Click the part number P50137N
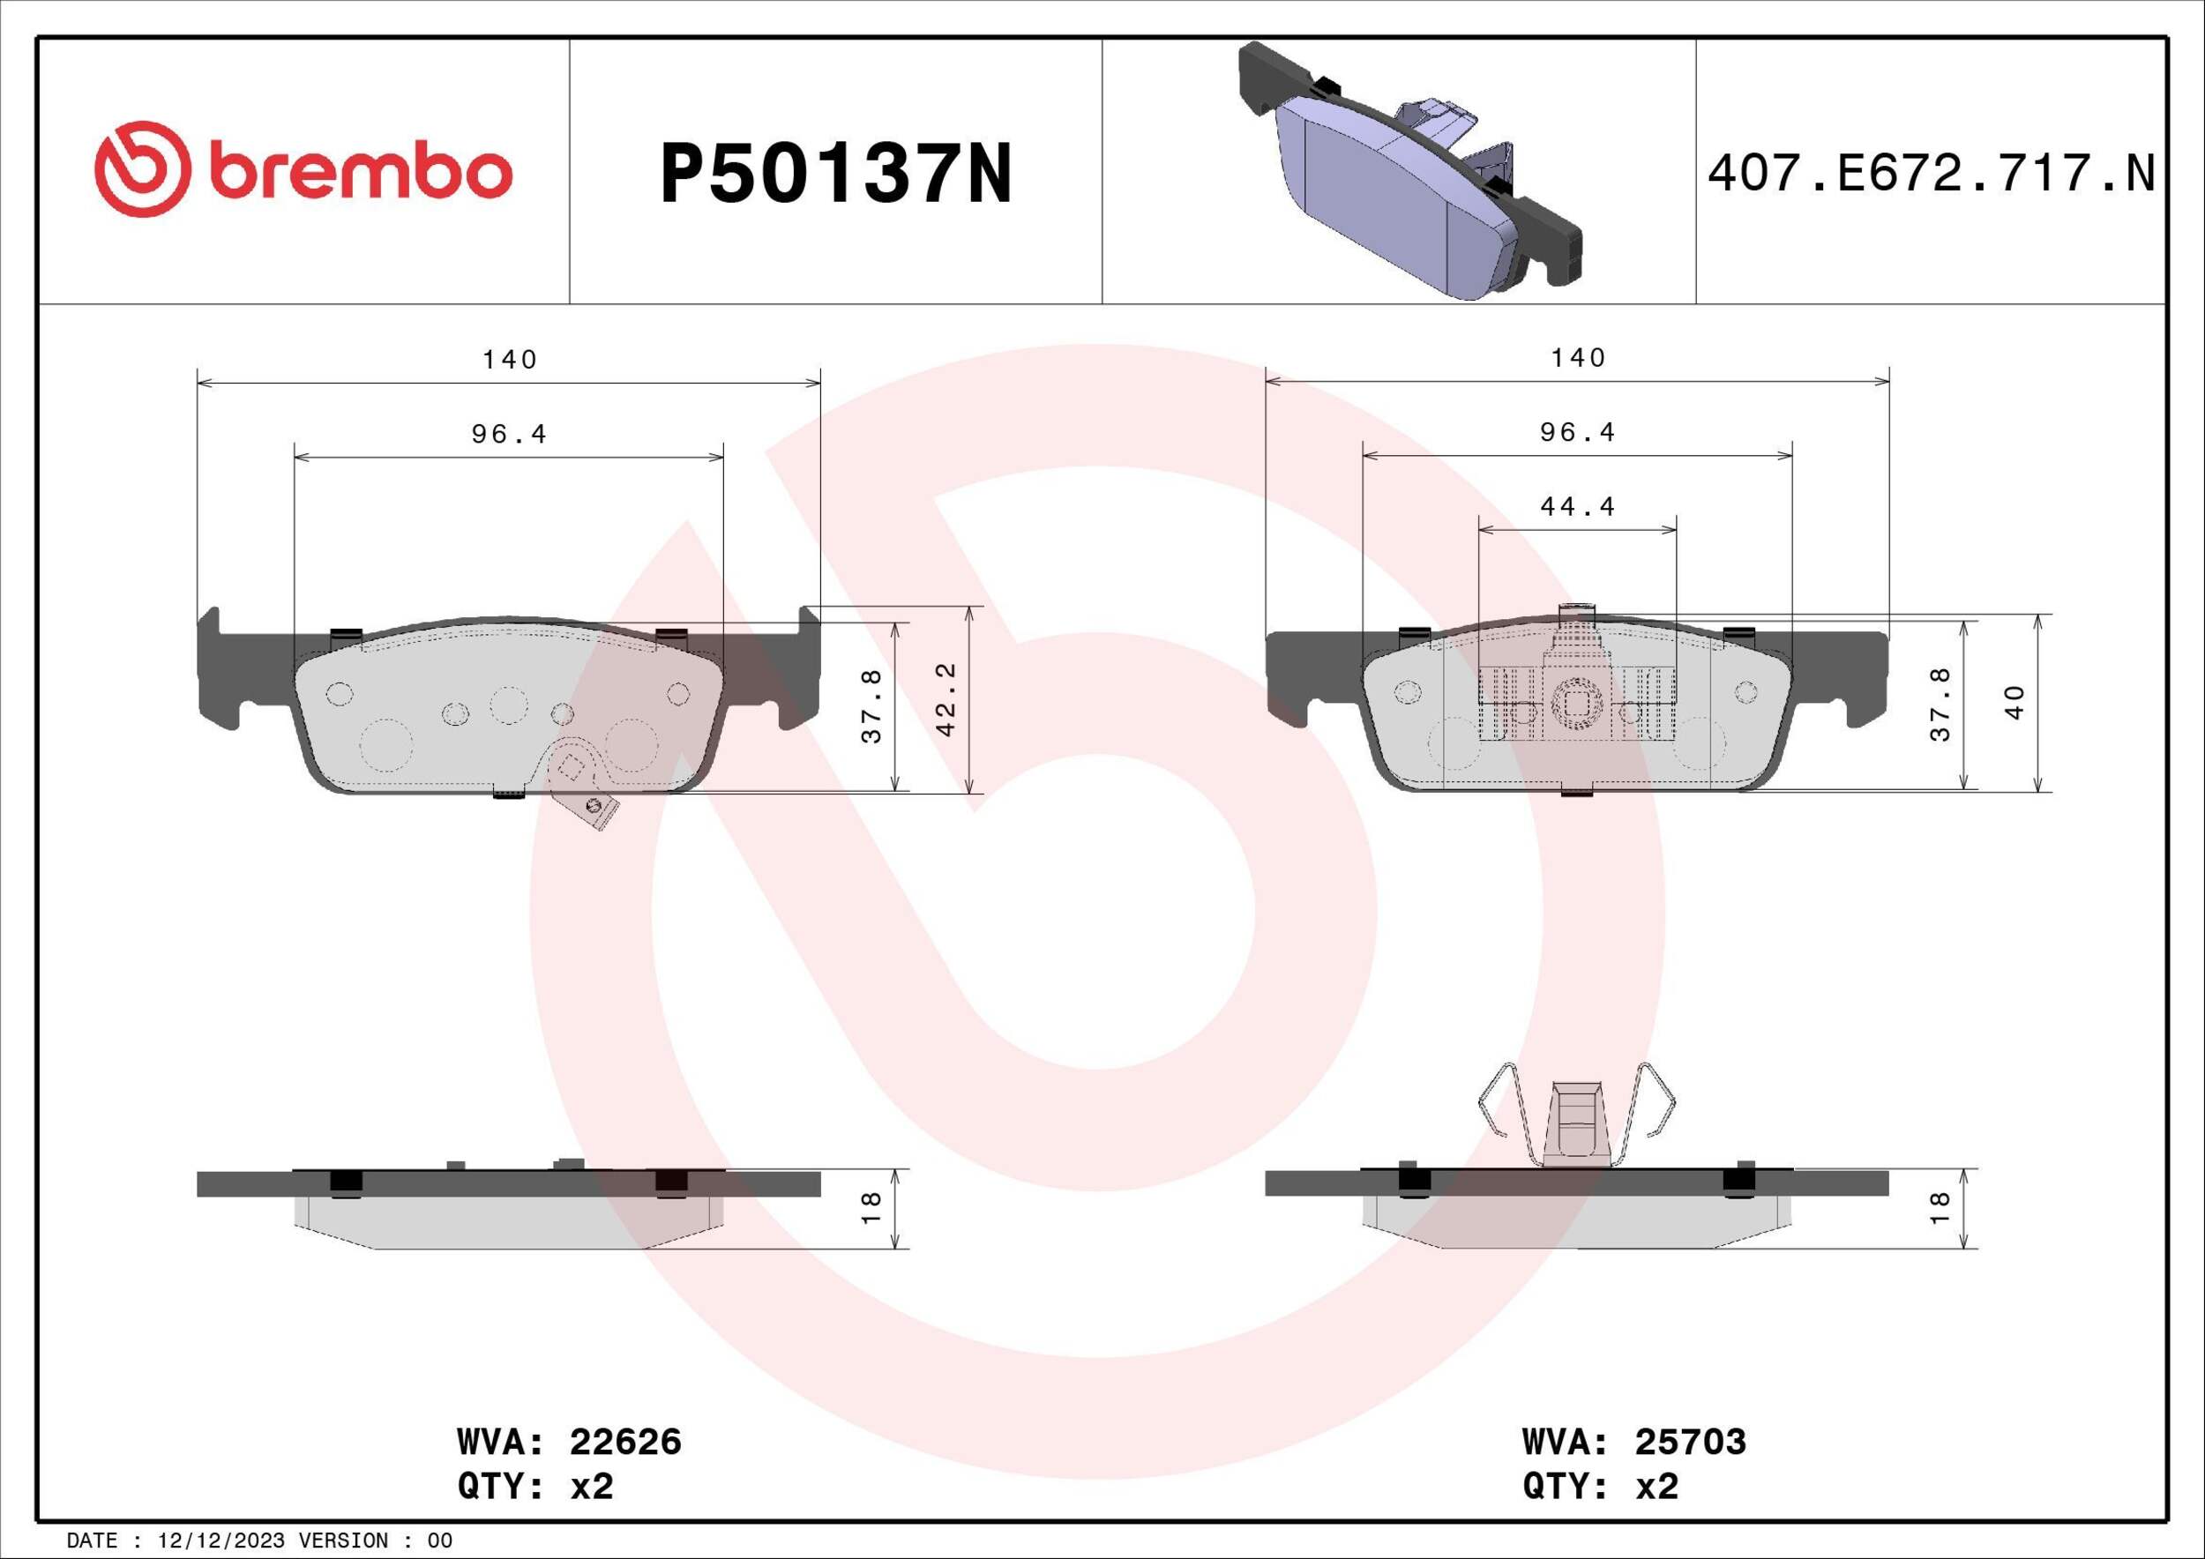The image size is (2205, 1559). (x=835, y=174)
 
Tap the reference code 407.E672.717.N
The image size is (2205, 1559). (x=1932, y=174)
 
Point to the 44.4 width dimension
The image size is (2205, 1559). (x=1578, y=506)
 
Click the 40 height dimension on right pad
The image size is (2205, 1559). (x=2014, y=702)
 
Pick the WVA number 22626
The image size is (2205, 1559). (x=625, y=1441)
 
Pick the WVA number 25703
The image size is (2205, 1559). (x=1690, y=1441)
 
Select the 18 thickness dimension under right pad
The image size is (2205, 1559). (x=1940, y=1208)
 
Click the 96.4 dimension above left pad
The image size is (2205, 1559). (x=509, y=435)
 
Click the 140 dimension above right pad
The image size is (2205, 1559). (x=1578, y=358)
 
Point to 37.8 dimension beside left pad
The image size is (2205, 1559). (x=871, y=706)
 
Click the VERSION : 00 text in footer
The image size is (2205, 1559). (x=376, y=1540)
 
